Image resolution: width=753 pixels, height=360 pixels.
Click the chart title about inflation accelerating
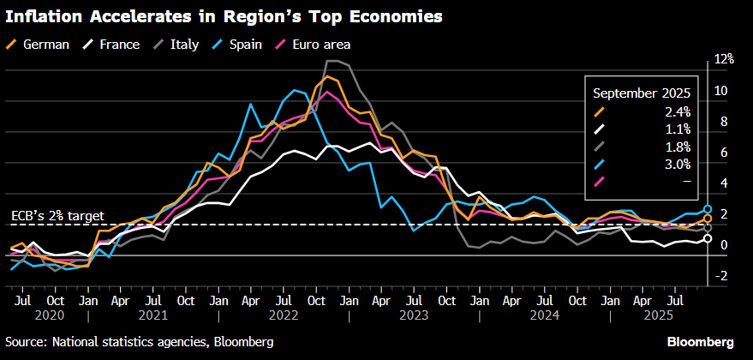point(224,16)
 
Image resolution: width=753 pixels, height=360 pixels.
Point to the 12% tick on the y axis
point(725,59)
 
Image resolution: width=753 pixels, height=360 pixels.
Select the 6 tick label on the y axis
point(723,153)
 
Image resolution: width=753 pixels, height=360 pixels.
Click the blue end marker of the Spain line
point(708,209)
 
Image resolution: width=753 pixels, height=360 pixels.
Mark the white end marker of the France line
point(708,238)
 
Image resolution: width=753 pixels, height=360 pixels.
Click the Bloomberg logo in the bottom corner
point(701,342)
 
